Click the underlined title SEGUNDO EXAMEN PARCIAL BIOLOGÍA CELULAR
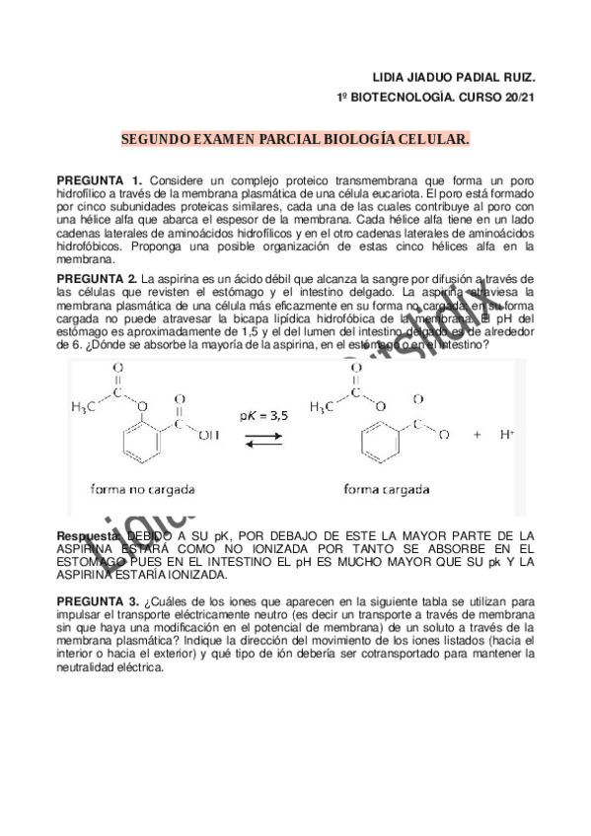click(x=295, y=140)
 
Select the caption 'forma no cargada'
click(x=142, y=488)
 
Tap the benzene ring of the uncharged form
click(x=137, y=447)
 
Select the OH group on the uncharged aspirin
click(x=206, y=430)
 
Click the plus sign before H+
click(x=478, y=434)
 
